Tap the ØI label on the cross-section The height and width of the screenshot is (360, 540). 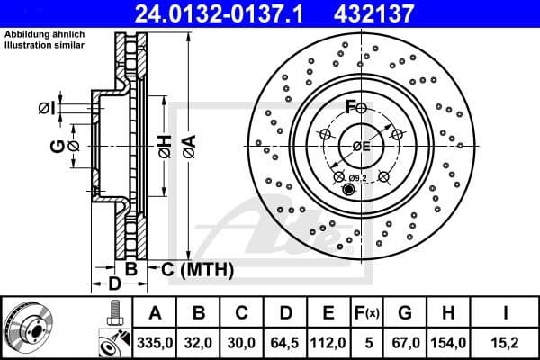pyautogui.click(x=46, y=108)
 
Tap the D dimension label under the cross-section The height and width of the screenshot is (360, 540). pyautogui.click(x=114, y=284)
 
